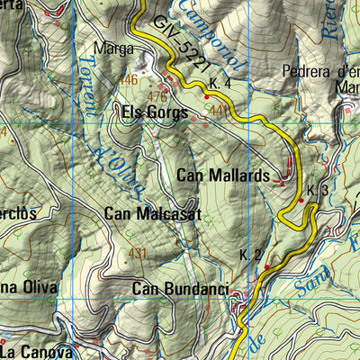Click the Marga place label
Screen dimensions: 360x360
(x=111, y=51)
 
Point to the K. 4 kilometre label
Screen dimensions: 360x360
(x=220, y=83)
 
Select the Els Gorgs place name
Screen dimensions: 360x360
(x=154, y=113)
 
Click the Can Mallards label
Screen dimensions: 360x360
(x=223, y=175)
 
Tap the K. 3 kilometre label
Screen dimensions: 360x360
(x=317, y=191)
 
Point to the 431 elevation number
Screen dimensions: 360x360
(x=137, y=253)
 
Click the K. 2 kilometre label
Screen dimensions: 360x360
(x=250, y=256)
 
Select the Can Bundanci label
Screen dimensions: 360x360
(x=180, y=289)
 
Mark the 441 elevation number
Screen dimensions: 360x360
(x=217, y=109)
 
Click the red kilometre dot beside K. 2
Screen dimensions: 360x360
(x=266, y=266)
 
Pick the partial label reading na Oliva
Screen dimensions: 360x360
(x=29, y=288)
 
